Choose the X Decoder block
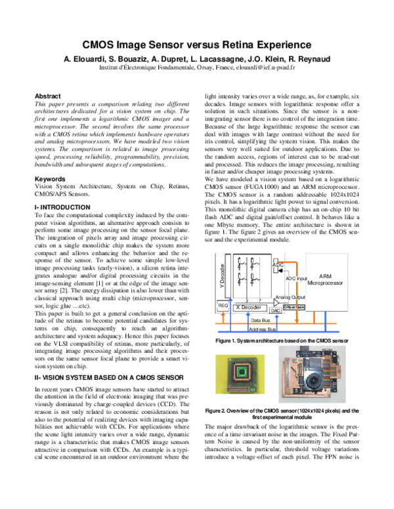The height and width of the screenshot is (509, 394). pos(250,307)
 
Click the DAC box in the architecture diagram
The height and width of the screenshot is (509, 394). pos(276,310)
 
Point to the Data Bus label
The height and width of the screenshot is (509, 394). pos(264,319)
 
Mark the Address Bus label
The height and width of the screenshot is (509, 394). pos(264,329)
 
